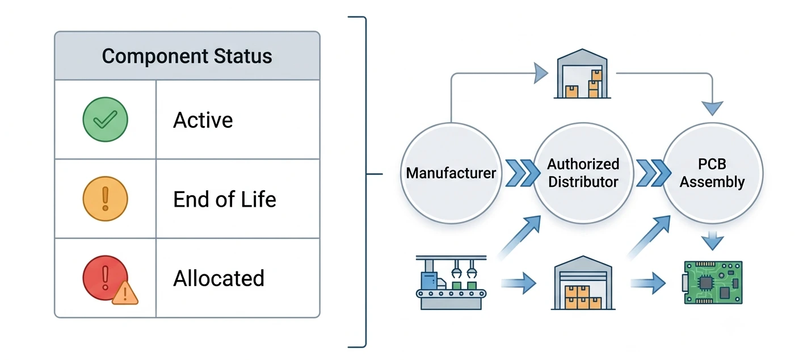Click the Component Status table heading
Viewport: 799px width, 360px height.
click(x=187, y=56)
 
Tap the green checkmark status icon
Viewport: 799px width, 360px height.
click(x=105, y=119)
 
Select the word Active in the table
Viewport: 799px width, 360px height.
click(x=203, y=120)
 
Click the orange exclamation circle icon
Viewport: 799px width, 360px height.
click(x=105, y=199)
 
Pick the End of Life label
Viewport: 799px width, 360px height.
click(x=225, y=199)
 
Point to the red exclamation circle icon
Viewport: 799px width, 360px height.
click(x=104, y=277)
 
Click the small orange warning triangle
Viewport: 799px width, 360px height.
click(x=125, y=293)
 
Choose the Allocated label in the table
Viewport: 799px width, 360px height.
click(x=218, y=278)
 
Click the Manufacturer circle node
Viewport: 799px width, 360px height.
click(x=451, y=173)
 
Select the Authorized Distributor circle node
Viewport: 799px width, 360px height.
click(x=583, y=173)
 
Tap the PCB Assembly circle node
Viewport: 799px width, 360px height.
click(x=712, y=173)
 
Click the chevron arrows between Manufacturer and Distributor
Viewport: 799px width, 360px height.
click(x=523, y=173)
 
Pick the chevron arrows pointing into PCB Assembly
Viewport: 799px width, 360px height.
click(x=654, y=173)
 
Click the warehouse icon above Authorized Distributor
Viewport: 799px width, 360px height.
click(x=582, y=73)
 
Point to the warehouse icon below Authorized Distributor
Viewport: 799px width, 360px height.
click(x=583, y=283)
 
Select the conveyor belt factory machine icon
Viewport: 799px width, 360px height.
click(x=451, y=282)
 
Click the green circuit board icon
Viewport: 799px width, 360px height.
click(x=712, y=282)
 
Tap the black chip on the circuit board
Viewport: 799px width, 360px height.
click(x=706, y=283)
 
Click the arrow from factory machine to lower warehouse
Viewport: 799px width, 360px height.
click(x=519, y=283)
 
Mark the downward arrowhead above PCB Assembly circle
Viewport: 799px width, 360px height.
click(x=712, y=108)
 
